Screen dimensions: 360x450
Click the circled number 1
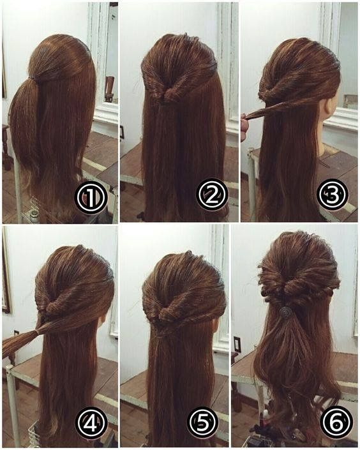tap(91, 197)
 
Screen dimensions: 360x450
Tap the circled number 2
tap(213, 194)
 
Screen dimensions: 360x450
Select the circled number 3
tap(333, 195)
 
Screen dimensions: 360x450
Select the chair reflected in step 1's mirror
tap(109, 89)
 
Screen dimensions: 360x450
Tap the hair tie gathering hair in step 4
tap(37, 333)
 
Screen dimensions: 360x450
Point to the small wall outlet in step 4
tap(16, 333)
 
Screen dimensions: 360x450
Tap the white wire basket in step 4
tap(34, 433)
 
